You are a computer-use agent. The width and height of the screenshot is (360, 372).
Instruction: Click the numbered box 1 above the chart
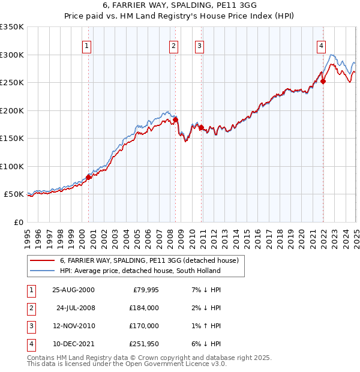click(87, 45)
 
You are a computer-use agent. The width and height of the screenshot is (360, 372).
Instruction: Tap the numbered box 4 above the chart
click(322, 45)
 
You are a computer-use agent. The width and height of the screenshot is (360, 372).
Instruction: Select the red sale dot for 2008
click(176, 119)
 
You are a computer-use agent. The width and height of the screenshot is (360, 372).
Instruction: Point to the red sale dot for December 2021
click(323, 82)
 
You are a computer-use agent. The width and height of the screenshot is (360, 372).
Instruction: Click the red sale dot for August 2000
click(89, 177)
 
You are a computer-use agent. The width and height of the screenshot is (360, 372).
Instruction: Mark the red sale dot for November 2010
click(201, 127)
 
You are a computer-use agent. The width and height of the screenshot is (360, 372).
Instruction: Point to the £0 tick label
click(17, 222)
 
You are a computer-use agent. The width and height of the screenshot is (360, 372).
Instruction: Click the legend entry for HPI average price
click(140, 271)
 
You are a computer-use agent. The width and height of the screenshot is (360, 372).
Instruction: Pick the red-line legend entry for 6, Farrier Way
click(149, 260)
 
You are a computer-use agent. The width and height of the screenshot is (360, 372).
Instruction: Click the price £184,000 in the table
click(145, 308)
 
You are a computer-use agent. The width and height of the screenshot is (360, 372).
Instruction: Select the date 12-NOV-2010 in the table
click(73, 326)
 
